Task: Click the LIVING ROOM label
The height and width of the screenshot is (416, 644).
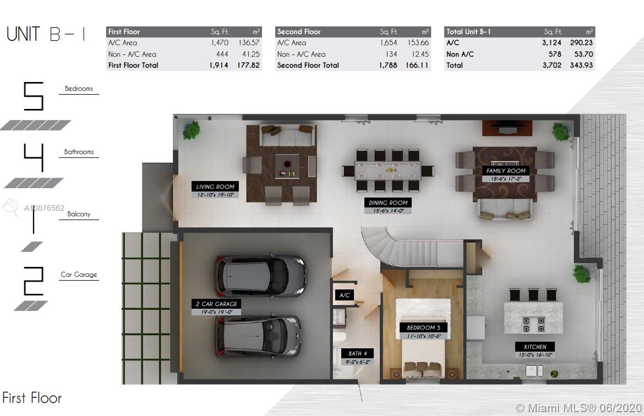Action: (x=215, y=187)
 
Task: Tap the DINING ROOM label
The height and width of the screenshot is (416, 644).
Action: (x=388, y=202)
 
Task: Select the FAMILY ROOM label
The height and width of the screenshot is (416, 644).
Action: (x=506, y=171)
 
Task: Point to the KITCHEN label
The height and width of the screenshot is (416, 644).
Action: (x=535, y=347)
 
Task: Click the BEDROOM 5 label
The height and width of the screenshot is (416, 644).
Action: (x=423, y=327)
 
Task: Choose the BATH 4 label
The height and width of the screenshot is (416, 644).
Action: (x=357, y=353)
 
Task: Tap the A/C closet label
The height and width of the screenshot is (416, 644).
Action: (x=344, y=295)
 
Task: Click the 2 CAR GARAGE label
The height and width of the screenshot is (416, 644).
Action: (x=216, y=304)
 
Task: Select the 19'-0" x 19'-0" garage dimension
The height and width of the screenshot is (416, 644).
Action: (x=216, y=312)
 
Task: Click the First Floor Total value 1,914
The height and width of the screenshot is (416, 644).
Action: (x=219, y=65)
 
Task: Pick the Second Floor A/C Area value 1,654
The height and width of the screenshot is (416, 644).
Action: (x=389, y=43)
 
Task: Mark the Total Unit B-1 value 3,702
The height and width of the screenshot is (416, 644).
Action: (x=552, y=65)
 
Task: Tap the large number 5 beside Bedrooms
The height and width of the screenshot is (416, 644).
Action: (x=33, y=96)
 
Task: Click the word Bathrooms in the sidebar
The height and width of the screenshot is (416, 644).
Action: (x=79, y=152)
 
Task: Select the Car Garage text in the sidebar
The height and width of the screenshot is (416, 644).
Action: (x=79, y=275)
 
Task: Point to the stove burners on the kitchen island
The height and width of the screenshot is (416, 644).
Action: (x=533, y=324)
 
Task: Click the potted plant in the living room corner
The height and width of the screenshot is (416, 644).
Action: (x=191, y=130)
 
